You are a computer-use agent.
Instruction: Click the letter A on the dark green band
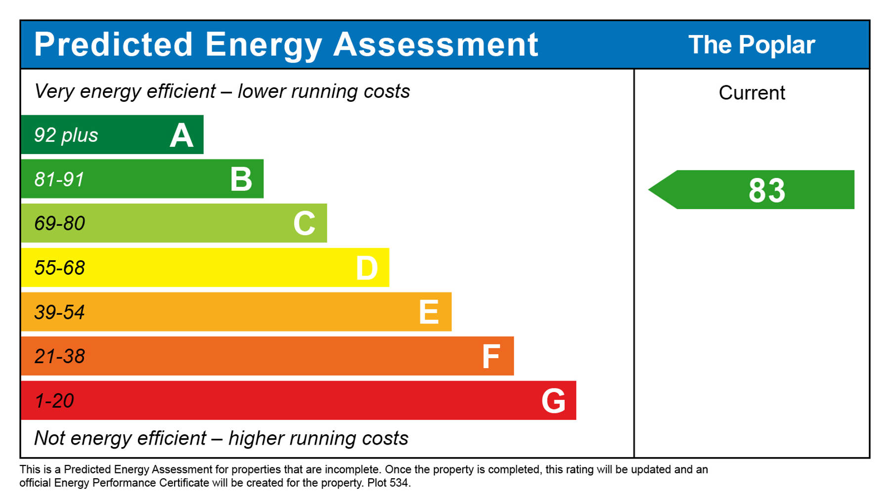181,136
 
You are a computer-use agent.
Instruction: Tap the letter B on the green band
241,179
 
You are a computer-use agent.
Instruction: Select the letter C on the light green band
304,223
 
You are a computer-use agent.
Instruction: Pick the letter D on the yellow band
367,268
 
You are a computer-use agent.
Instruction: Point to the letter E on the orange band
429,312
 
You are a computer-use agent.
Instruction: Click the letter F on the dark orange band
491,357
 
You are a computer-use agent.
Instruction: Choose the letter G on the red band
553,401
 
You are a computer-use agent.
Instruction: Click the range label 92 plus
66,135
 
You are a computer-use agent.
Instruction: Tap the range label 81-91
59,179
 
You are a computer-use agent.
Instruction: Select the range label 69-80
60,223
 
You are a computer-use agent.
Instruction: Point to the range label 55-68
60,268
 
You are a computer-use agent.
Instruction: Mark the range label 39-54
60,312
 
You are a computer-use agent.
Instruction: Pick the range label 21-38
60,356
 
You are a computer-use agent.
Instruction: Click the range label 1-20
54,401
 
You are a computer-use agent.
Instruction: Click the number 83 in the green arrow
766,190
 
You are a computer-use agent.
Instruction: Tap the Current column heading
752,93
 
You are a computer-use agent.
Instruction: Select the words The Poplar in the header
752,45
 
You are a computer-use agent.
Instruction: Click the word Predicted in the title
113,44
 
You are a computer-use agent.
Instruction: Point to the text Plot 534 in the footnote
388,483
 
